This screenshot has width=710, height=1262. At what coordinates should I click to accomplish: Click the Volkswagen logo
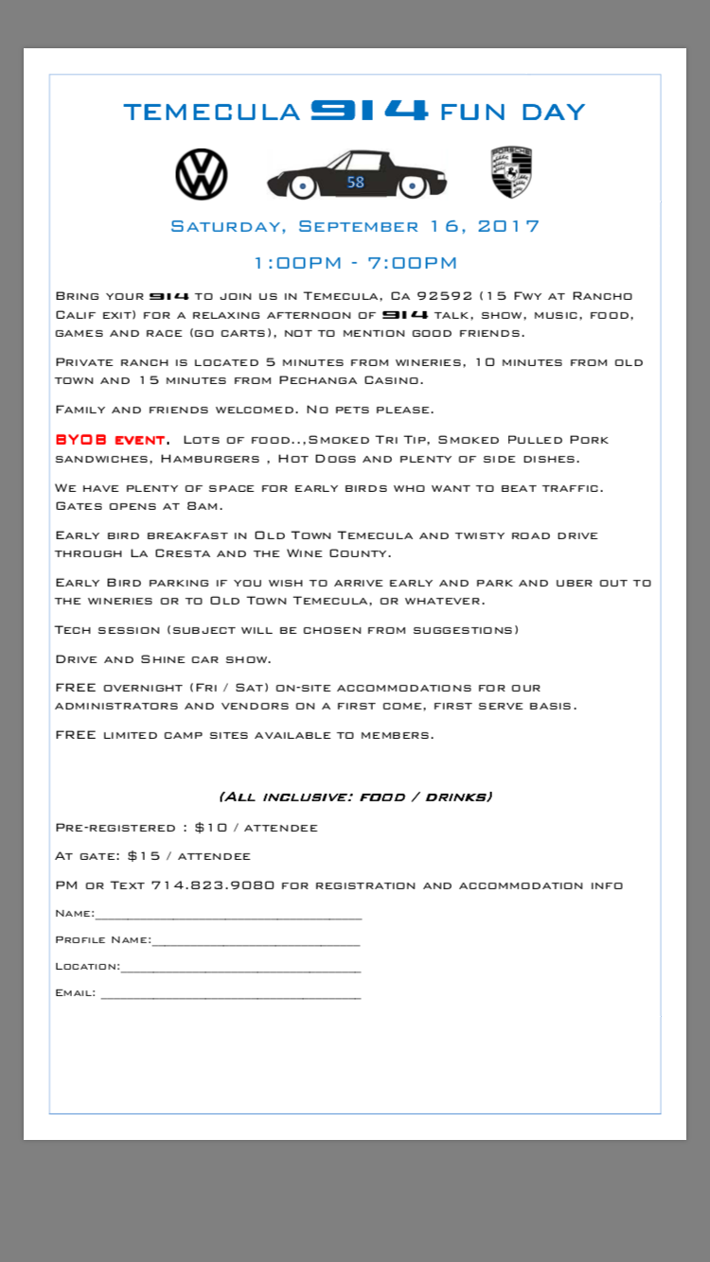[202, 174]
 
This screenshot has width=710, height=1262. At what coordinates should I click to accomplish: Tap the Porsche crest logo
[511, 173]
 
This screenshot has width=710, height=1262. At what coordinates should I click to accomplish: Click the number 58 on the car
[356, 183]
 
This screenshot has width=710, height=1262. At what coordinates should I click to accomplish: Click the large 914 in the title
[369, 111]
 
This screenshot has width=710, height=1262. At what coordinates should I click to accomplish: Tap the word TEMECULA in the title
[212, 113]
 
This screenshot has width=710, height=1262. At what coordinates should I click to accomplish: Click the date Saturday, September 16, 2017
[355, 227]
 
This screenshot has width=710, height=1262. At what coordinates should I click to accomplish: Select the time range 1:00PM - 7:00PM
[355, 263]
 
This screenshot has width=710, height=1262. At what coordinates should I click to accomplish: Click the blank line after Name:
[227, 917]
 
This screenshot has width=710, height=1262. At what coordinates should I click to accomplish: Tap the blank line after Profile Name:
[256, 943]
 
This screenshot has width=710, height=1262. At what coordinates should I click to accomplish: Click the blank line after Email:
[230, 996]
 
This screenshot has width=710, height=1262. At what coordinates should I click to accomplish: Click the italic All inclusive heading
[355, 797]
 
